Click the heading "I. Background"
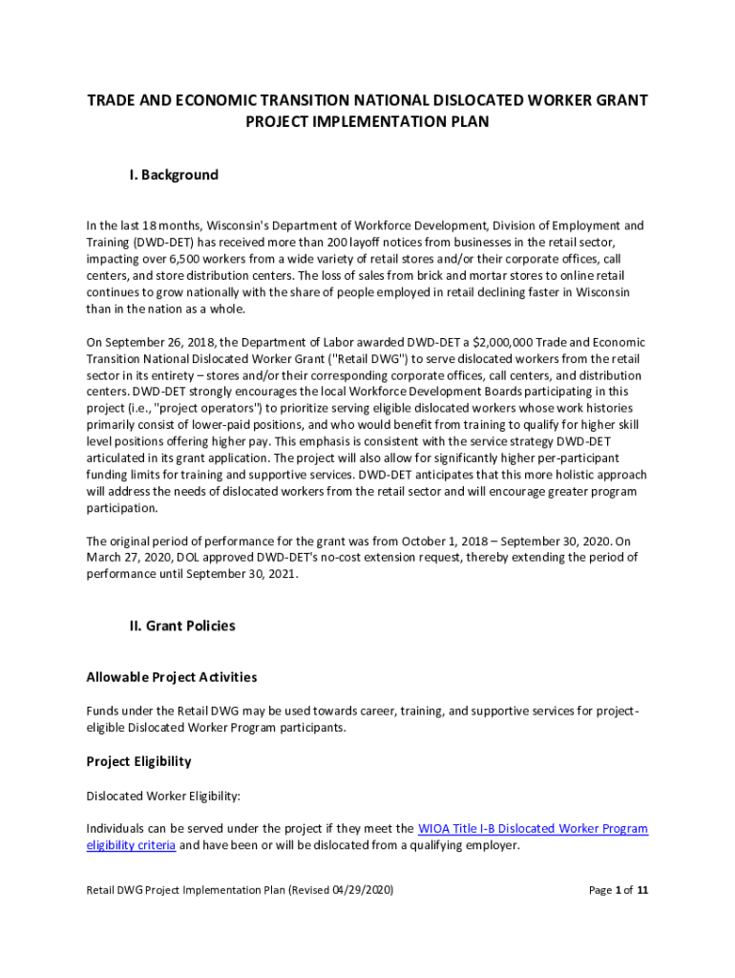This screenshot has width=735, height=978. (x=174, y=175)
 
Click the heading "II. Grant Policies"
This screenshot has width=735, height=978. (x=182, y=626)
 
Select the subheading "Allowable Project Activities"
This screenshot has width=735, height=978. (x=172, y=677)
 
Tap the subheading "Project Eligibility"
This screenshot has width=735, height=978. (x=139, y=761)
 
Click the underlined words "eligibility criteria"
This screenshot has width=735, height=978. (x=131, y=845)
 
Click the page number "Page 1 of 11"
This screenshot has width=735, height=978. (x=619, y=890)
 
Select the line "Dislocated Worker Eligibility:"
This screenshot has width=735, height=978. (x=164, y=796)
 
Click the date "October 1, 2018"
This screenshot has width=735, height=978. (x=458, y=542)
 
